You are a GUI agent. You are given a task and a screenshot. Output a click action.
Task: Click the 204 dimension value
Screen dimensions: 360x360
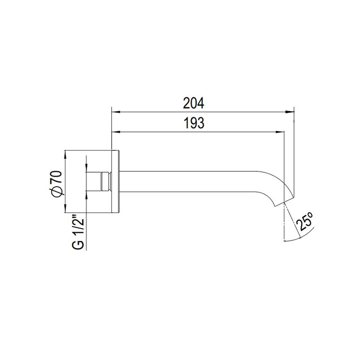(193, 103)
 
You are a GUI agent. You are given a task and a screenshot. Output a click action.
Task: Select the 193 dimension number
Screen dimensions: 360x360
(194, 123)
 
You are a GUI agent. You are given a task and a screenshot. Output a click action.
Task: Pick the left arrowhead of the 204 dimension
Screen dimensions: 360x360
(116, 112)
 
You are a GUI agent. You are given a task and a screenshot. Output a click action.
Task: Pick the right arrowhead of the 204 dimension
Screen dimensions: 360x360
(289, 112)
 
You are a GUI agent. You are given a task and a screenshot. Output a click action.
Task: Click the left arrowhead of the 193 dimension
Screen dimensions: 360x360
(116, 132)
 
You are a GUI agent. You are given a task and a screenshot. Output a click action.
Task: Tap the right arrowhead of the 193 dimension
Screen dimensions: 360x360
(280, 132)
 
